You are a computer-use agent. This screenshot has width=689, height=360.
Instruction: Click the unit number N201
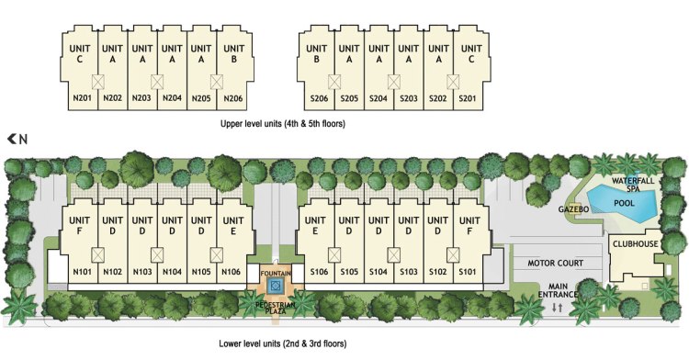point(82,98)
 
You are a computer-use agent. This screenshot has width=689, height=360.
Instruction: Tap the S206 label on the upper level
point(319,98)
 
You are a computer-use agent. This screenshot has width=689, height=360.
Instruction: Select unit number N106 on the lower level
point(232,272)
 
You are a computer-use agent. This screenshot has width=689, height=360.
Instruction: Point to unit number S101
point(468,272)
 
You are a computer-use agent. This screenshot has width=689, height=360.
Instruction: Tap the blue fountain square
point(275,287)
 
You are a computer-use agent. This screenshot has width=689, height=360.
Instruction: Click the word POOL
point(624,203)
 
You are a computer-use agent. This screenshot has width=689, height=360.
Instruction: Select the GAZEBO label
point(573,209)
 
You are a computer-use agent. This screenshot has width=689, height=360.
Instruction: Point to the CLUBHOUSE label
point(636,243)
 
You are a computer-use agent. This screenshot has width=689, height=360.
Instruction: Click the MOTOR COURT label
point(556,263)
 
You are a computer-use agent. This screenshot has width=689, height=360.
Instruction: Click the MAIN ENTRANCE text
point(558,290)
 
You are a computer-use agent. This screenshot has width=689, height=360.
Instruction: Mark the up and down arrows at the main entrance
point(558,308)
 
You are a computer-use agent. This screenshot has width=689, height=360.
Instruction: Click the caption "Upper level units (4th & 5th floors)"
point(283,124)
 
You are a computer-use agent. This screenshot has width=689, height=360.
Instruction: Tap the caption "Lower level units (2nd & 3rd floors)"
point(283,343)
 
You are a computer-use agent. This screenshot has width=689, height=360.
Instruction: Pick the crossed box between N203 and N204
point(157,82)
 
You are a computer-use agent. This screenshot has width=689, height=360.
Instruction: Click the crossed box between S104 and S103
point(394,255)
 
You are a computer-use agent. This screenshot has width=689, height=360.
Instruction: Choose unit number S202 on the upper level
point(437,98)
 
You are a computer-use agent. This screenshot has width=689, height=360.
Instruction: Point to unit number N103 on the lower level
point(141,272)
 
